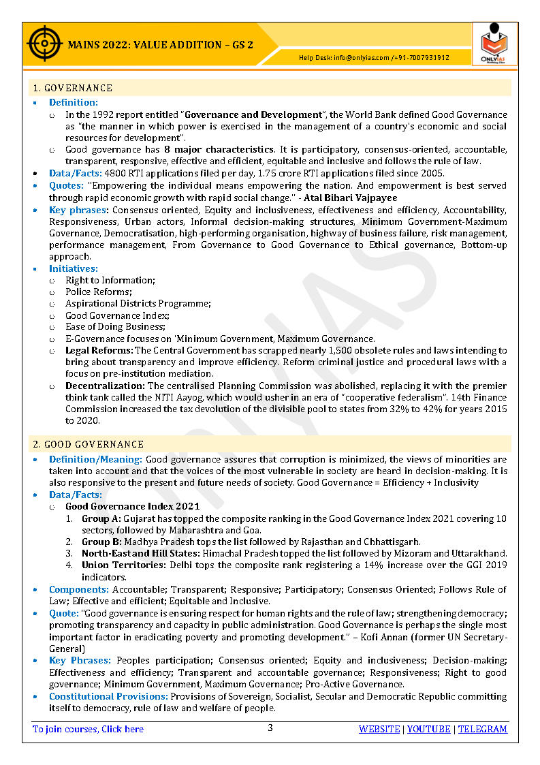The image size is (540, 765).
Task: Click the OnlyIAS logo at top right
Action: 494,43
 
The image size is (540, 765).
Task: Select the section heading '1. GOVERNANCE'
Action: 72,88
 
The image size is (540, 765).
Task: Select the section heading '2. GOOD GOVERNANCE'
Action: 89,444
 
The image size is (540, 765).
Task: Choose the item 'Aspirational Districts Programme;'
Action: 138,303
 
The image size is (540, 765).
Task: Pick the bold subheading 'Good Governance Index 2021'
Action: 133,506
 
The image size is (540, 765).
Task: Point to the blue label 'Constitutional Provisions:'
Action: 108,696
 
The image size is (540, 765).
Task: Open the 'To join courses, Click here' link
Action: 89,729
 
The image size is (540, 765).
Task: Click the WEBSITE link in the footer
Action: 379,729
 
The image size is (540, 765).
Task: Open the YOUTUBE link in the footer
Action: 429,729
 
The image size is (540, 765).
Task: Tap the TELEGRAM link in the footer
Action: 482,729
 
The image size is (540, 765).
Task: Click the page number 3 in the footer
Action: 270,728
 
